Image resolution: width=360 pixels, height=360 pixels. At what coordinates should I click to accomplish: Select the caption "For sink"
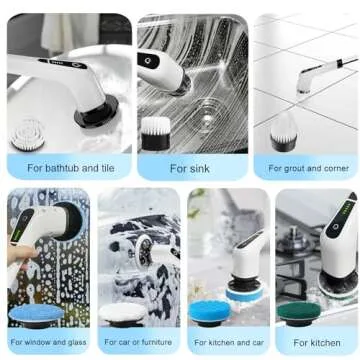pos(190,169)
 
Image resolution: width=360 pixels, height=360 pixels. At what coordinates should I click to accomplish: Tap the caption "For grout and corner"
pos(307,169)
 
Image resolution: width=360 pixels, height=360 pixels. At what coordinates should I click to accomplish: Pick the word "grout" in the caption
pos(296,169)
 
